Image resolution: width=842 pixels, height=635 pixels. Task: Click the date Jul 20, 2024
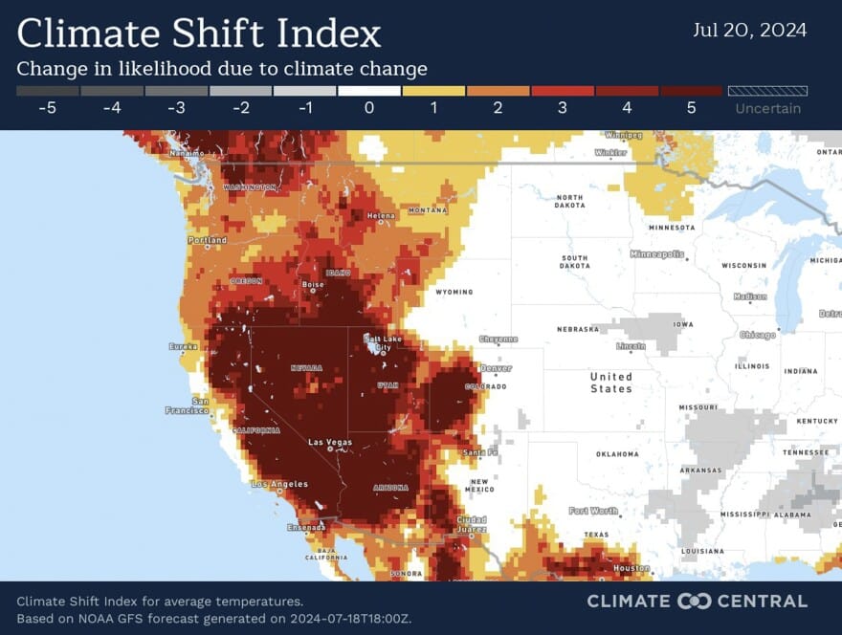[749, 30]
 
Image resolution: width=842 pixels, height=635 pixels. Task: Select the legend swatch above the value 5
[690, 91]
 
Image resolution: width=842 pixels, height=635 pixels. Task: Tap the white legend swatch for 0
[368, 91]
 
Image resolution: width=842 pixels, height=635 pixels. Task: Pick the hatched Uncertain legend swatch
[767, 91]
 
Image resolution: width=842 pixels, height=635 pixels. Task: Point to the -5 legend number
[48, 108]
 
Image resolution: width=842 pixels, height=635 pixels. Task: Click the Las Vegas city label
[329, 442]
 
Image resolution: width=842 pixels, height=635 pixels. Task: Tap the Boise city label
[313, 284]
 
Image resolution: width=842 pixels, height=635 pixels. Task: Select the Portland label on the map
[208, 240]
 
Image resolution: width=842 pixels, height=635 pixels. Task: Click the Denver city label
[496, 367]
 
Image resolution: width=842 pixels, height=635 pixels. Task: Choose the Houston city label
[631, 568]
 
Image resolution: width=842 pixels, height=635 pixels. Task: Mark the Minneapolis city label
[657, 253]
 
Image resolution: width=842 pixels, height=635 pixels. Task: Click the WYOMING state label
[454, 292]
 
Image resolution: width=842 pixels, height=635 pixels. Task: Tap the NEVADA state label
[306, 367]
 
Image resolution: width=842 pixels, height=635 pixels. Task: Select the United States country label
[610, 383]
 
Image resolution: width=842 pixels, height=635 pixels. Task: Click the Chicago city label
[757, 335]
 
